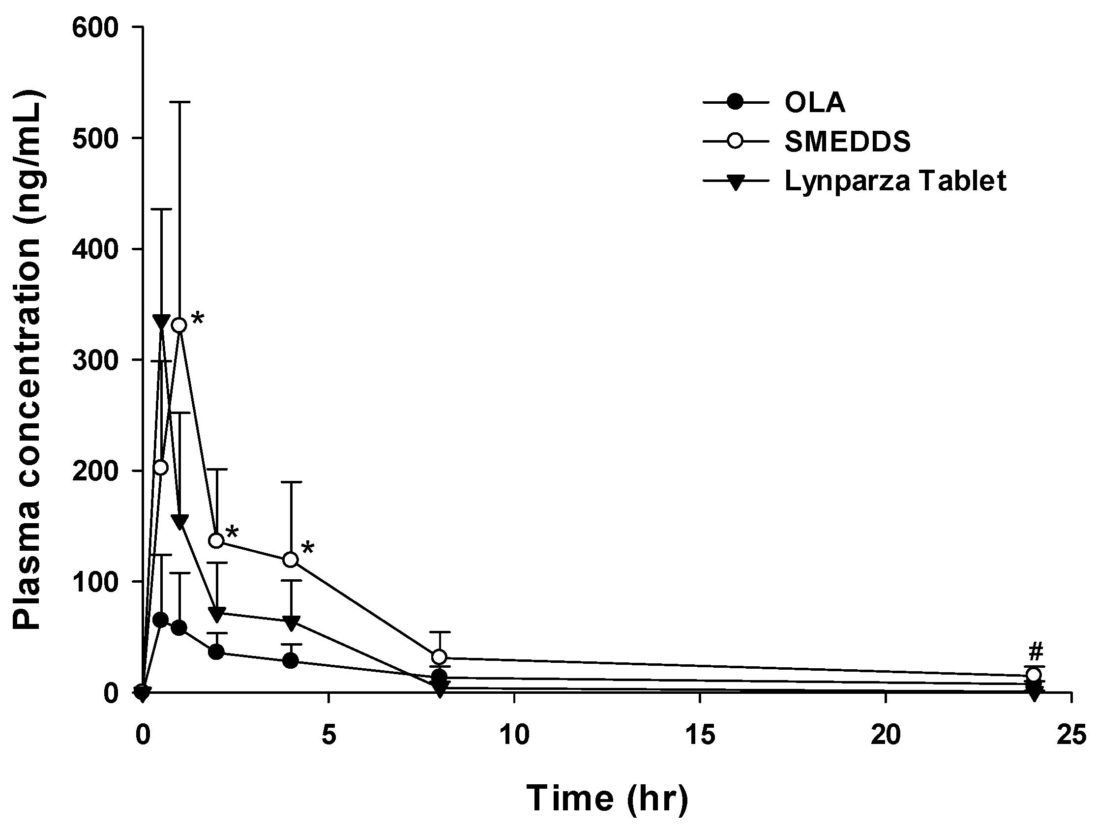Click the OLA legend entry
[815, 103]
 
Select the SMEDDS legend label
[848, 142]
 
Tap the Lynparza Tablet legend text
[895, 181]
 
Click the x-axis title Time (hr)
[606, 798]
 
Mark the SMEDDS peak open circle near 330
[179, 326]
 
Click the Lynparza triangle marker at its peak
[161, 321]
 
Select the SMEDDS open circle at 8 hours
[440, 657]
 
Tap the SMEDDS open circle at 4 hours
[291, 560]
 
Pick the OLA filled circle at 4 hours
[291, 660]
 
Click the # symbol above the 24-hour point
[1036, 652]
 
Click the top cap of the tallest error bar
[179, 102]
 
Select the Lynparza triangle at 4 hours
[291, 623]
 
